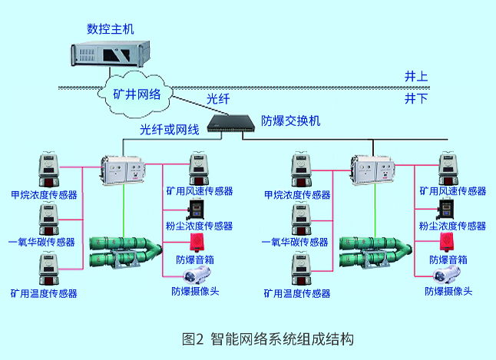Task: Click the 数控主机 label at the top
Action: [x=111, y=29]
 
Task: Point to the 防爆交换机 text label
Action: [x=291, y=121]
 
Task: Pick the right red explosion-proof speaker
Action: [x=446, y=242]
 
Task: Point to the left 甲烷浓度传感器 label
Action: [x=43, y=196]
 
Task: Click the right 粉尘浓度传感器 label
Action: [x=452, y=226]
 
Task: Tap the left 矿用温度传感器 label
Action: [x=44, y=293]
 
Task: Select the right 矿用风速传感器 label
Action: [x=453, y=191]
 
